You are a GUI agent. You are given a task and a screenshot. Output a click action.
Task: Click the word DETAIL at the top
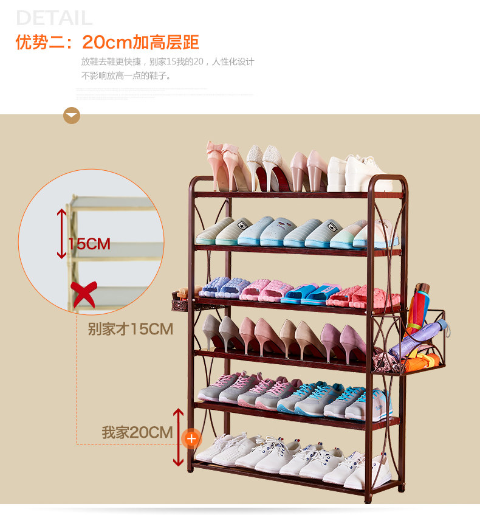pyautogui.click(x=55, y=18)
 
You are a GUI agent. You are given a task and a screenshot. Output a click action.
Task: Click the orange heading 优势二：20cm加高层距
pyautogui.click(x=108, y=43)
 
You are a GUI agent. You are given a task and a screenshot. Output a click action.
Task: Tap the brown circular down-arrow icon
pyautogui.click(x=72, y=115)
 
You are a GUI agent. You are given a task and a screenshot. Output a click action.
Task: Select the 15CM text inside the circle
pyautogui.click(x=89, y=244)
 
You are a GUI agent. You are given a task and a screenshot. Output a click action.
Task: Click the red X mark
pyautogui.click(x=83, y=295)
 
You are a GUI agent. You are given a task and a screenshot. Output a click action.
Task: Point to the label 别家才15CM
pyautogui.click(x=130, y=330)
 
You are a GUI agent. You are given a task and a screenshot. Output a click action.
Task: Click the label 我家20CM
pyautogui.click(x=137, y=433)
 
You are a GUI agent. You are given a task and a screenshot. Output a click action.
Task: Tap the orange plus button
pyautogui.click(x=191, y=437)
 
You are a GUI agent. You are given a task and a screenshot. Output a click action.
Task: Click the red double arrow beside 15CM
pyautogui.click(x=61, y=233)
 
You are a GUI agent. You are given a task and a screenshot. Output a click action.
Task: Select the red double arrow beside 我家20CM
pyautogui.click(x=178, y=437)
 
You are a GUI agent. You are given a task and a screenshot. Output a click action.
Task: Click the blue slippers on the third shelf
pyautogui.click(x=301, y=293)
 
